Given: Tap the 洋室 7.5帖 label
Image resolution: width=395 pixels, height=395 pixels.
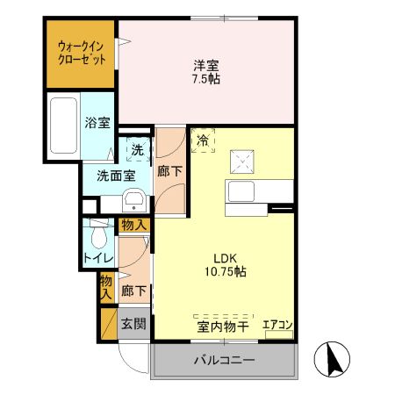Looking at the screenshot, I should tap(207, 70).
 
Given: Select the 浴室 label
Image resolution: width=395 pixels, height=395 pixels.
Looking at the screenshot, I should tap(97, 123).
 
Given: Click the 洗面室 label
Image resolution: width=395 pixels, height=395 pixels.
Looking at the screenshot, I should tap(116, 175).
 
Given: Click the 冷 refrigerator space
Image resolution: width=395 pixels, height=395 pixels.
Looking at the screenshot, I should tap(203, 140).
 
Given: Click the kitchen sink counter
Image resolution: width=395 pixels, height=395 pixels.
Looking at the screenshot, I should tap(259, 191).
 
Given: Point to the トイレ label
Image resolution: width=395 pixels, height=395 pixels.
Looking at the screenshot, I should tap(97, 258).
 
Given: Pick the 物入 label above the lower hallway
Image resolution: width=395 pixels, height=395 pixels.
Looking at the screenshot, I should tap(133, 226).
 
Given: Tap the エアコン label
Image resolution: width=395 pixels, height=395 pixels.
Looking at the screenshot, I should tap(277, 325).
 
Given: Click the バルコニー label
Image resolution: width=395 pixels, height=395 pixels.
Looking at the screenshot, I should tap(224, 361).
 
